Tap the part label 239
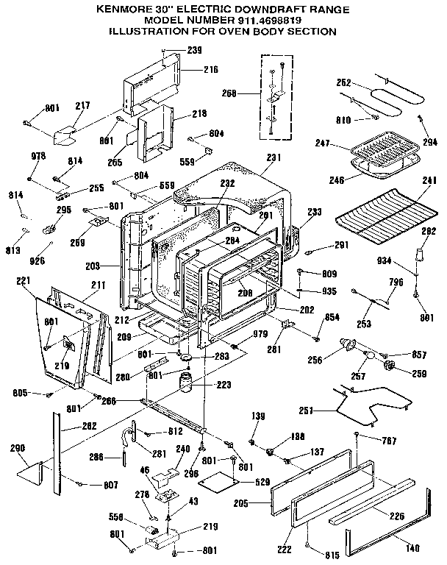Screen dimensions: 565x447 [193, 51]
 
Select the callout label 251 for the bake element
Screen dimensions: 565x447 [310, 410]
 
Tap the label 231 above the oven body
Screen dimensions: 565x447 [273, 157]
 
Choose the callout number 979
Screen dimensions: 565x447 [261, 335]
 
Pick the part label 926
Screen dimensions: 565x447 [37, 260]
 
